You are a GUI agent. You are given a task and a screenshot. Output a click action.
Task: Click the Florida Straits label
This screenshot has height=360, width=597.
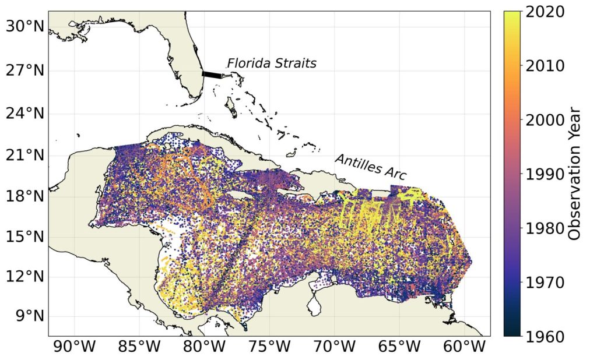[x=271, y=63]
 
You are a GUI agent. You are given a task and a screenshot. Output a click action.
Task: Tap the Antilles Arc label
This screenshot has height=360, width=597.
[x=370, y=167]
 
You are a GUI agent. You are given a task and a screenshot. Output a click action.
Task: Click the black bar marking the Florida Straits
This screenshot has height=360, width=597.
[x=212, y=75]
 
